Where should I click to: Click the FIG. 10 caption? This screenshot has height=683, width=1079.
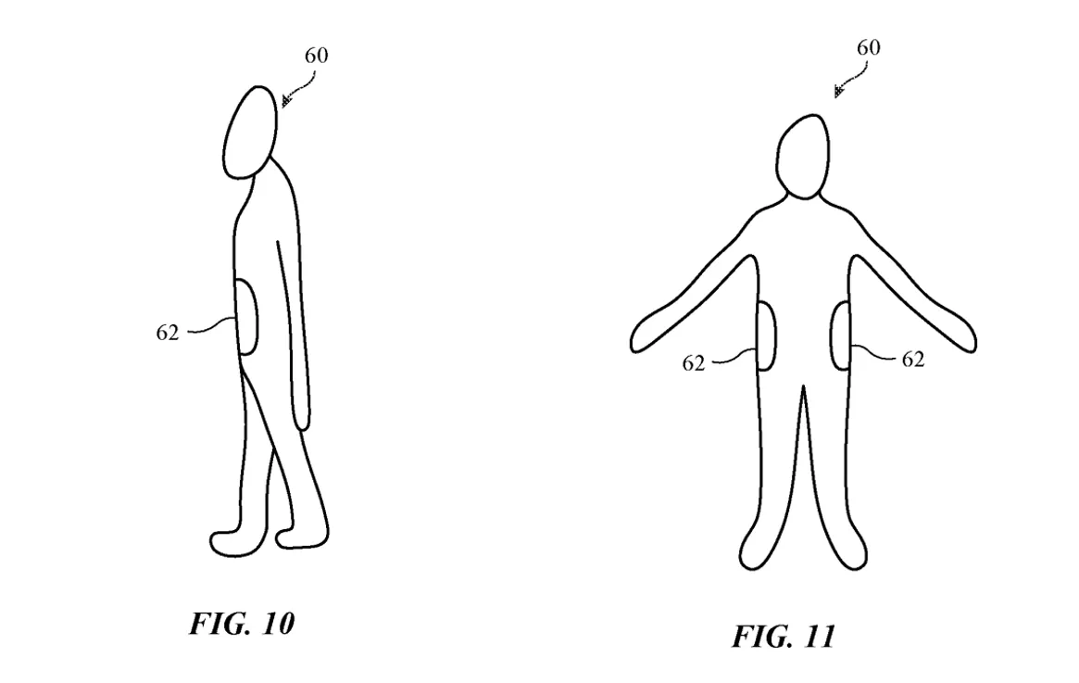(243, 623)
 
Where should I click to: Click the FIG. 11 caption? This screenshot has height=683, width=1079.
(784, 636)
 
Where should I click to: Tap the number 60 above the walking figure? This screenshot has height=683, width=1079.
(317, 55)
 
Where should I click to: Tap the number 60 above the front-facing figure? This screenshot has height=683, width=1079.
(869, 47)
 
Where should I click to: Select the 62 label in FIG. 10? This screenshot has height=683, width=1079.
(168, 333)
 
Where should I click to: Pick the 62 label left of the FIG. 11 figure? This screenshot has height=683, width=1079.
(694, 363)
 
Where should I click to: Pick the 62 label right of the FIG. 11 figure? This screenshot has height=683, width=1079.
(913, 359)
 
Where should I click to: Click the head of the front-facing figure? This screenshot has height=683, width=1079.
(803, 157)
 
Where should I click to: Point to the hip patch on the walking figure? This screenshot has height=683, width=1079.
(247, 317)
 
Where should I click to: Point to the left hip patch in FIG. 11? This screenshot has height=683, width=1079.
(767, 336)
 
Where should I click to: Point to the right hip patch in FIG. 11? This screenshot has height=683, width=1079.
(842, 336)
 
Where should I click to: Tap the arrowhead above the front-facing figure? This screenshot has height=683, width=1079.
(839, 92)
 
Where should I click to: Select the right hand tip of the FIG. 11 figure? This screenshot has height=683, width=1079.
(974, 342)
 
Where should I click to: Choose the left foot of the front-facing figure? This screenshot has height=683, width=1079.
(753, 555)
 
